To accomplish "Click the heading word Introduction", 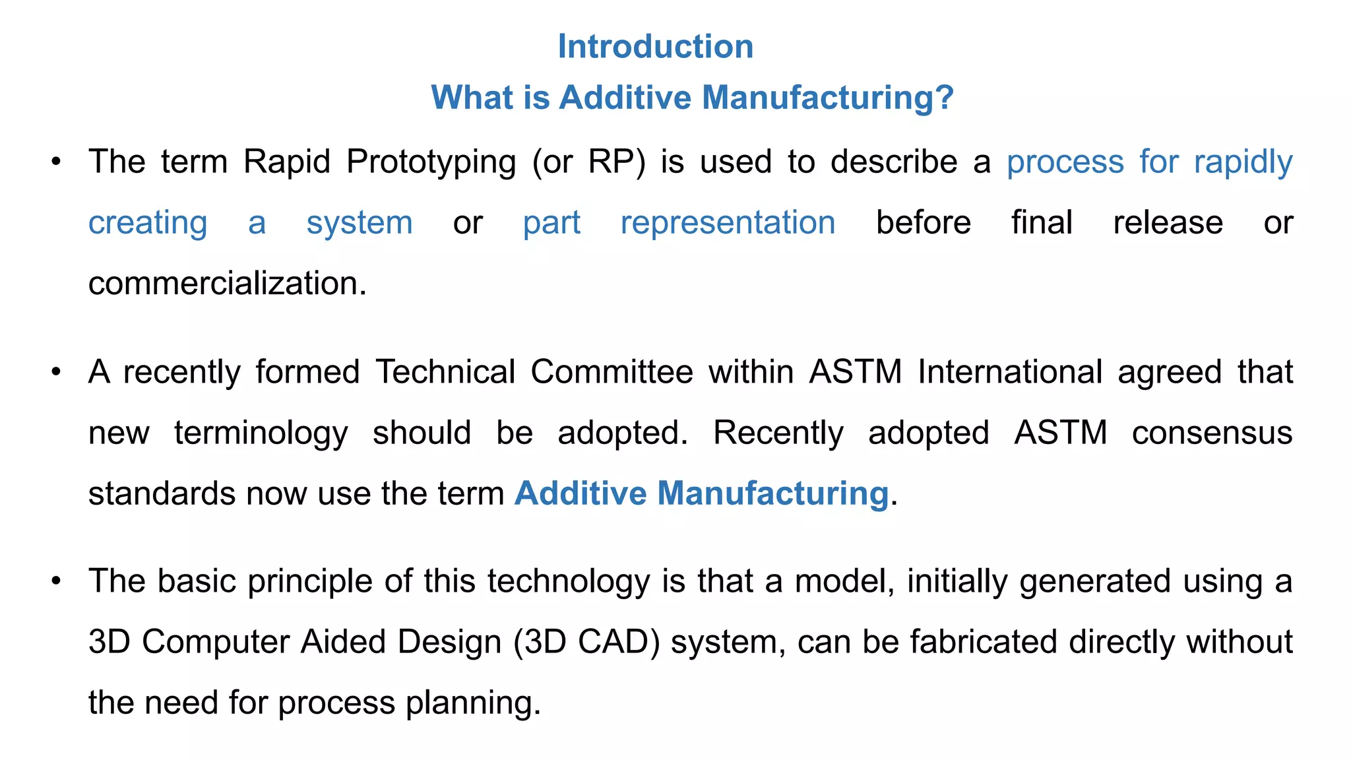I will (x=655, y=47).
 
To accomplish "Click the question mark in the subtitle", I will (x=945, y=98).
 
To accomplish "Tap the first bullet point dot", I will (x=57, y=162).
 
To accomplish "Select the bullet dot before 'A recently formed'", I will (x=57, y=372).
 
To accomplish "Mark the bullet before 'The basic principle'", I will (x=57, y=581).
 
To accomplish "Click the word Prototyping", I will (x=431, y=162).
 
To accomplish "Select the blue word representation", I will (x=728, y=223).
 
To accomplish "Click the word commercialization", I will (x=227, y=284).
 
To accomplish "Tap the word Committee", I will (x=612, y=372).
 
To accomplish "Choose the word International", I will (x=1009, y=372).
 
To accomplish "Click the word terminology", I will (x=261, y=433).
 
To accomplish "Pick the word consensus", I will (x=1212, y=433).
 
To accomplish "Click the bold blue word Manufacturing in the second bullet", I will (x=772, y=493).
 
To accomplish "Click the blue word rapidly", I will (x=1243, y=162).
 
